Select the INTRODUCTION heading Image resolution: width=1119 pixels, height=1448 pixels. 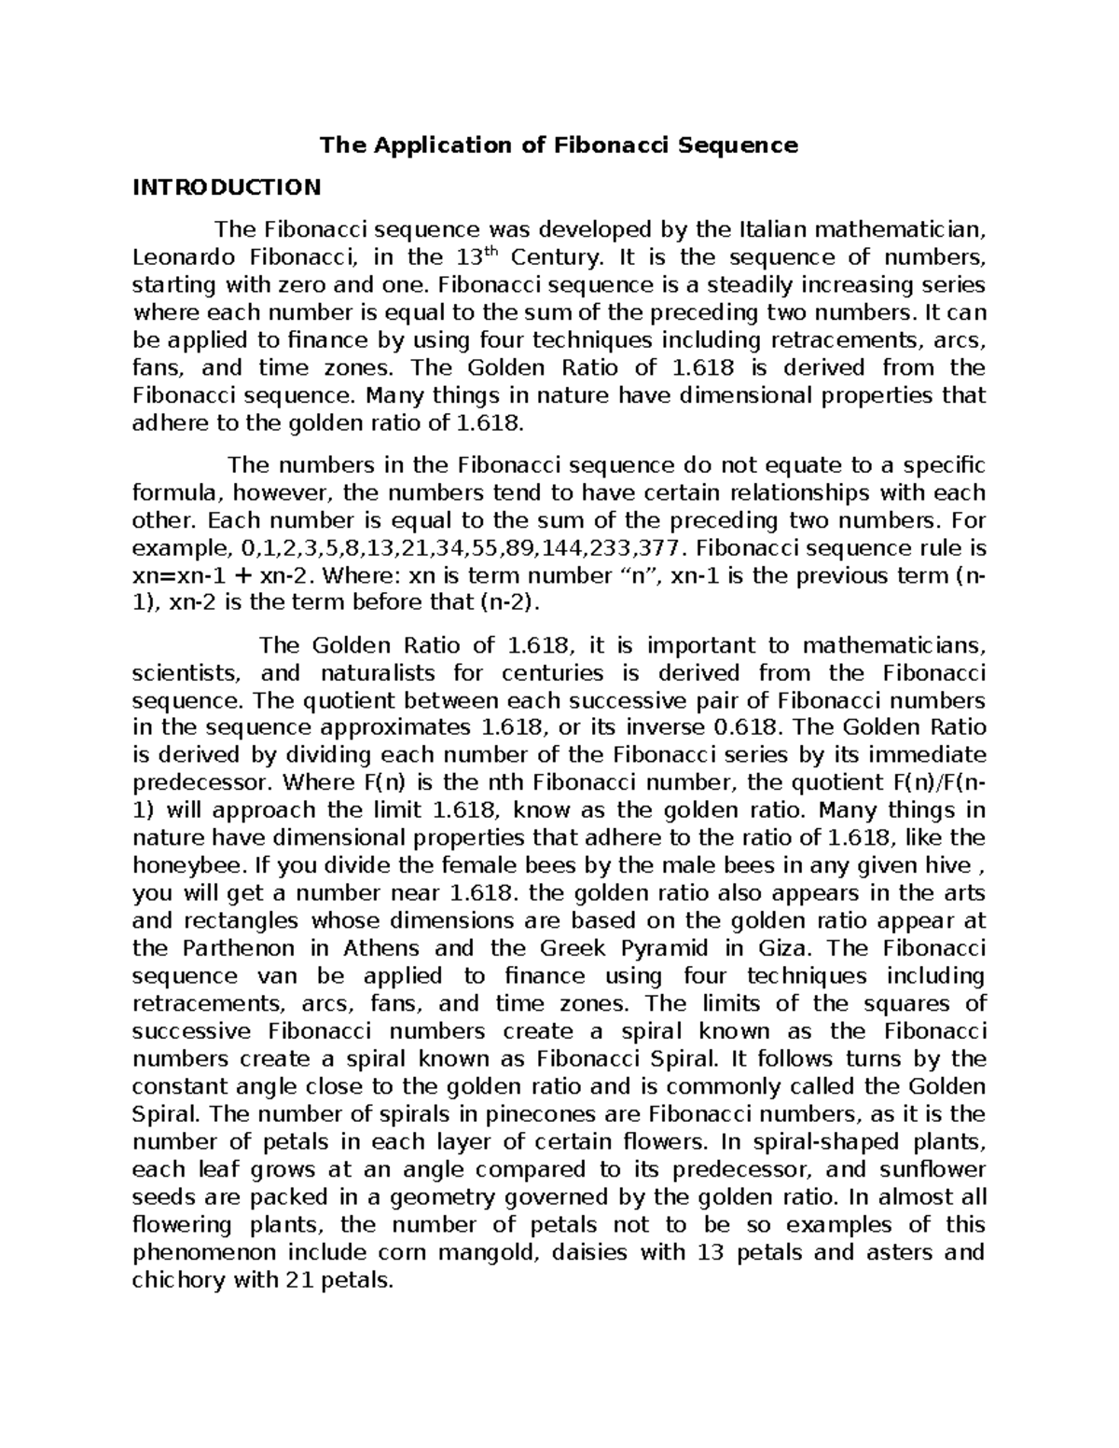pos(227,187)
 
